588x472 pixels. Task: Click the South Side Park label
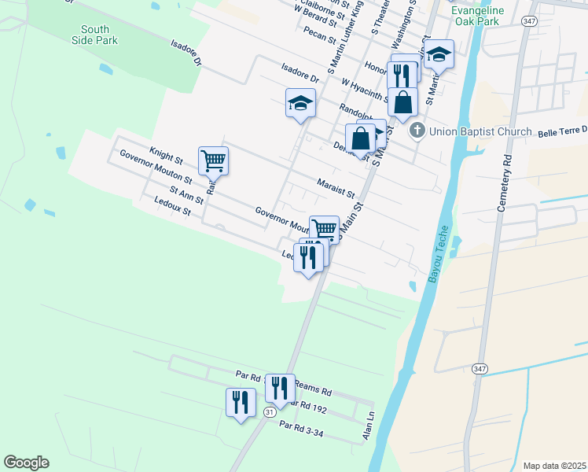[94, 35]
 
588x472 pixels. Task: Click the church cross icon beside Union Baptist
[417, 131]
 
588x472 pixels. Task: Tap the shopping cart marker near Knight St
[213, 161]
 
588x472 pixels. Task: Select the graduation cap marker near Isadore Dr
[300, 103]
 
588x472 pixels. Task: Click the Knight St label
[166, 154]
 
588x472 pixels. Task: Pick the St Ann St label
[186, 195]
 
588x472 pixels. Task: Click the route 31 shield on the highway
[270, 411]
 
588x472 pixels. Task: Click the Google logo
[26, 463]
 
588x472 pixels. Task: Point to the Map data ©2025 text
[553, 466]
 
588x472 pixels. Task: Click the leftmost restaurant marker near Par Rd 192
[241, 402]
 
